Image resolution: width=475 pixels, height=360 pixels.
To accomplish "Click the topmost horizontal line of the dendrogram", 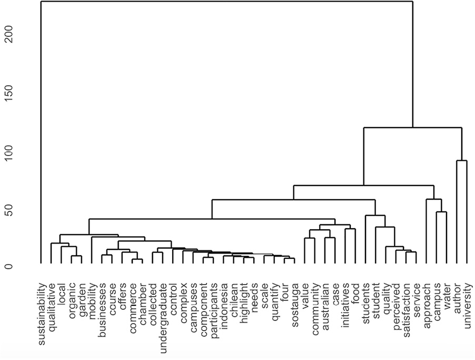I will click(x=226, y=2).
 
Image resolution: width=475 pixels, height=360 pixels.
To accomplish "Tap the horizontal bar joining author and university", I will click(x=462, y=161).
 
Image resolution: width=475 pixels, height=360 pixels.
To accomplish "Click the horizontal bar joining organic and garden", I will click(x=76, y=256).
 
